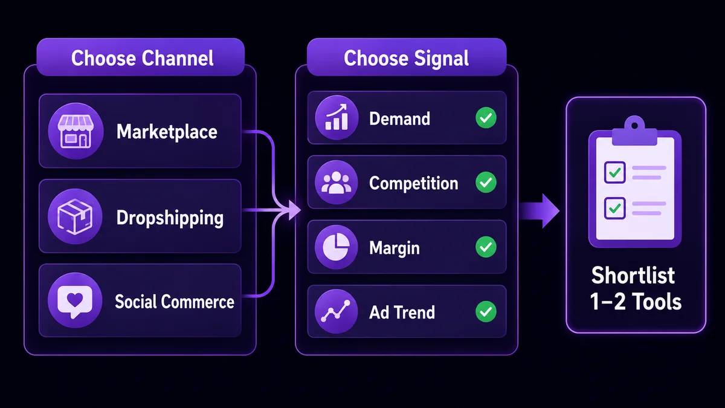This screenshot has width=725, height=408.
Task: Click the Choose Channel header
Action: click(x=140, y=57)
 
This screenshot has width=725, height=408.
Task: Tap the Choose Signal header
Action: click(x=406, y=57)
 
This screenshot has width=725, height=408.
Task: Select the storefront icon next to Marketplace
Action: click(x=76, y=131)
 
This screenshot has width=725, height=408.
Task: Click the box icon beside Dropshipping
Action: click(x=75, y=216)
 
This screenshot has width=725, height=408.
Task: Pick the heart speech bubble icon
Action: click(x=75, y=300)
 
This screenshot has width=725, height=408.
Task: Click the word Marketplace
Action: click(x=167, y=132)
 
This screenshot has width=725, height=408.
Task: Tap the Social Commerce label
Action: click(x=175, y=302)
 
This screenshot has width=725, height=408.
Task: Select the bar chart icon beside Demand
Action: click(x=337, y=117)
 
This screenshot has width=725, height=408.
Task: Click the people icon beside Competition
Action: click(x=337, y=183)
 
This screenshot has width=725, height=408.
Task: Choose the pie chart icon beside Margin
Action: click(x=337, y=247)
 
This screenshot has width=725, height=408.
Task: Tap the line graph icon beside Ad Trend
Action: click(x=337, y=311)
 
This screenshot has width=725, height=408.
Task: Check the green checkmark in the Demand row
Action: click(x=486, y=118)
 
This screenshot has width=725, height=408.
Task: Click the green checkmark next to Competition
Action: click(x=486, y=183)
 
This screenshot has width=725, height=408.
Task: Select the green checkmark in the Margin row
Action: click(x=486, y=247)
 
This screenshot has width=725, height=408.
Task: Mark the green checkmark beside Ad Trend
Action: click(x=486, y=311)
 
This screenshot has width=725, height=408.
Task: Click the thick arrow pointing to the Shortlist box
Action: click(x=539, y=211)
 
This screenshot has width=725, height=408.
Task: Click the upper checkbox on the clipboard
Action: click(x=614, y=172)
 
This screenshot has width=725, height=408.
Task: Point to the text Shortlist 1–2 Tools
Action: click(x=635, y=288)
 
